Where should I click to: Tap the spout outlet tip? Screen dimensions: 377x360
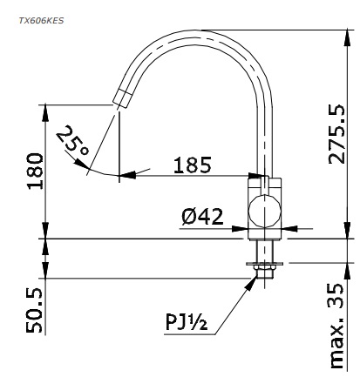pyautogui.click(x=120, y=101)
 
